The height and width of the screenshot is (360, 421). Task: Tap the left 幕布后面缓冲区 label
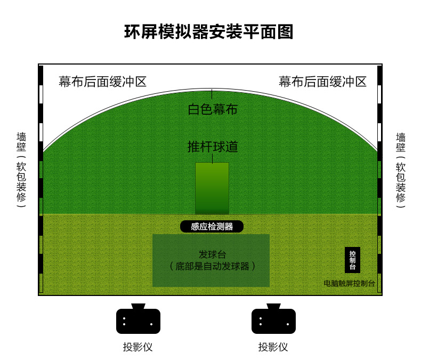(x=102, y=82)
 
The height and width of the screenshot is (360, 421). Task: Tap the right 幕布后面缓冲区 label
(x=322, y=82)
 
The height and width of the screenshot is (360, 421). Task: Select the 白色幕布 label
(x=212, y=110)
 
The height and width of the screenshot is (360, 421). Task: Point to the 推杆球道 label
(x=212, y=147)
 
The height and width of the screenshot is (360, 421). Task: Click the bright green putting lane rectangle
(x=212, y=188)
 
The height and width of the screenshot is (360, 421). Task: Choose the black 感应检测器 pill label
(x=212, y=227)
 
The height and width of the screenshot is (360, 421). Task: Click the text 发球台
(x=212, y=254)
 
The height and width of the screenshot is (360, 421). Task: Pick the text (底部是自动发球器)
(x=212, y=266)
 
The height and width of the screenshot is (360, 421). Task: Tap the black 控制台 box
(x=352, y=260)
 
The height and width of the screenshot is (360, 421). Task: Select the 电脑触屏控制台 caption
(x=349, y=283)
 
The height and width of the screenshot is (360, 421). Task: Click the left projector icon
(x=138, y=321)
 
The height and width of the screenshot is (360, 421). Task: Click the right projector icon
(x=273, y=321)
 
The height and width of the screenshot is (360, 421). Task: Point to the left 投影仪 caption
(x=138, y=347)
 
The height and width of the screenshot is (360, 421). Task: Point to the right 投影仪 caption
(x=273, y=347)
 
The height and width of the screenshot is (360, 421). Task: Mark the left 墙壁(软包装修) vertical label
(x=21, y=170)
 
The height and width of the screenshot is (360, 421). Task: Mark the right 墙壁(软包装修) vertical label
(x=401, y=170)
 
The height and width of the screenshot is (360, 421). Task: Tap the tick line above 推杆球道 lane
(x=212, y=158)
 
